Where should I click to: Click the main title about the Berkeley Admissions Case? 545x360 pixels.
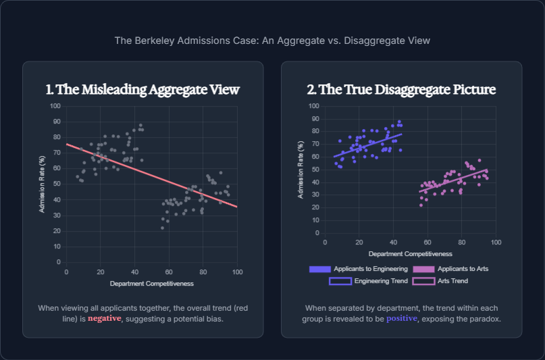pos(272,41)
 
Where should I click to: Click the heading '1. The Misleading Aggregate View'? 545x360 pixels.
pos(142,90)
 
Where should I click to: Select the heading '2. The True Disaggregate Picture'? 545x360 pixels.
pos(401,90)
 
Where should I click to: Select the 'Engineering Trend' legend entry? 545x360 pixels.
pos(367,280)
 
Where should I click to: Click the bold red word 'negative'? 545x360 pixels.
pos(105,319)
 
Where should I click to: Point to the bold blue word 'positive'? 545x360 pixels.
pos(403,319)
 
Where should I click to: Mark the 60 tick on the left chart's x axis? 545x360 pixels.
pos(169,272)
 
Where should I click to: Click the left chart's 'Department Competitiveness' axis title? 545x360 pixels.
pos(152,283)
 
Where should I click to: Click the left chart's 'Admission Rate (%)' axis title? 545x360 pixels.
pos(41,184)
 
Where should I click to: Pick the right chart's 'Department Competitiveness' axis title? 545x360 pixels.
pos(411,254)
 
